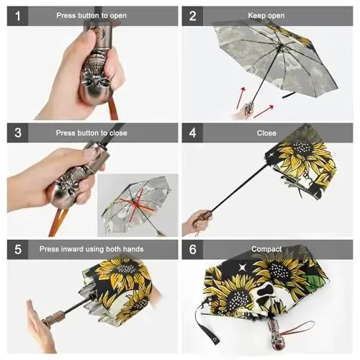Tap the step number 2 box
(x=192, y=15)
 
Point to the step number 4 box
(x=192, y=132)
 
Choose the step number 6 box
(x=192, y=249)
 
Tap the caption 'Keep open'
(x=266, y=15)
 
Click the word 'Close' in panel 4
(x=266, y=132)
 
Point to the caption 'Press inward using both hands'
(x=101, y=249)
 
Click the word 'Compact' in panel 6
(x=266, y=249)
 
